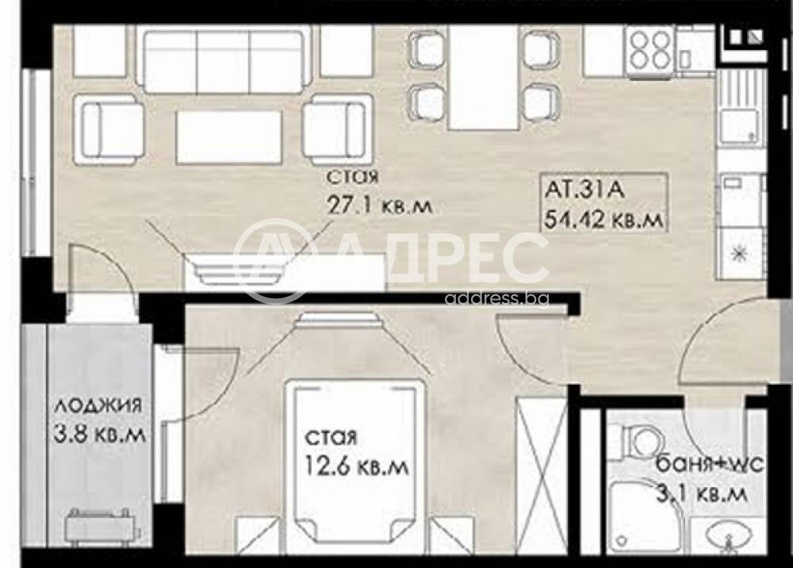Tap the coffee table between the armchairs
[x=228, y=136]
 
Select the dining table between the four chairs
[x=483, y=77]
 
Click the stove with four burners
[x=649, y=51]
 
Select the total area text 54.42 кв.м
[x=603, y=220]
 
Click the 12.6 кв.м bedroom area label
[x=358, y=467]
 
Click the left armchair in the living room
[x=109, y=129]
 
